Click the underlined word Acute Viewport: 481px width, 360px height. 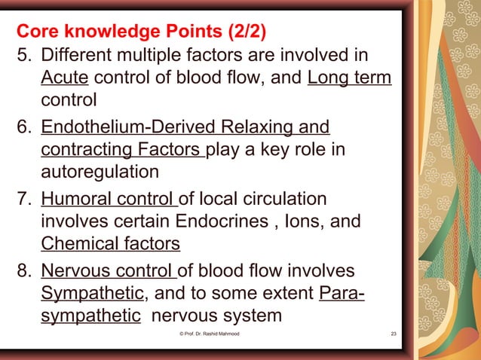(x=65, y=78)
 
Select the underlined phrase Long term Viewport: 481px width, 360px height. (x=350, y=78)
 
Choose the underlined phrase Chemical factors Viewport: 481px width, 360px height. (x=111, y=244)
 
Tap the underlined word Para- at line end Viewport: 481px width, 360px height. (x=342, y=292)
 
